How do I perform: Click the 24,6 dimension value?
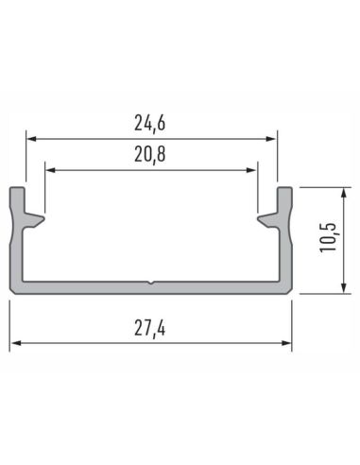[151, 122]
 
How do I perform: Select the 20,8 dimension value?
[151, 155]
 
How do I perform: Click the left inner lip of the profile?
[36, 220]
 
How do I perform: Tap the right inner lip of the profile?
[266, 220]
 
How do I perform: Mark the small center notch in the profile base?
[151, 282]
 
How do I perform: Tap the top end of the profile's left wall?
[17, 190]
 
